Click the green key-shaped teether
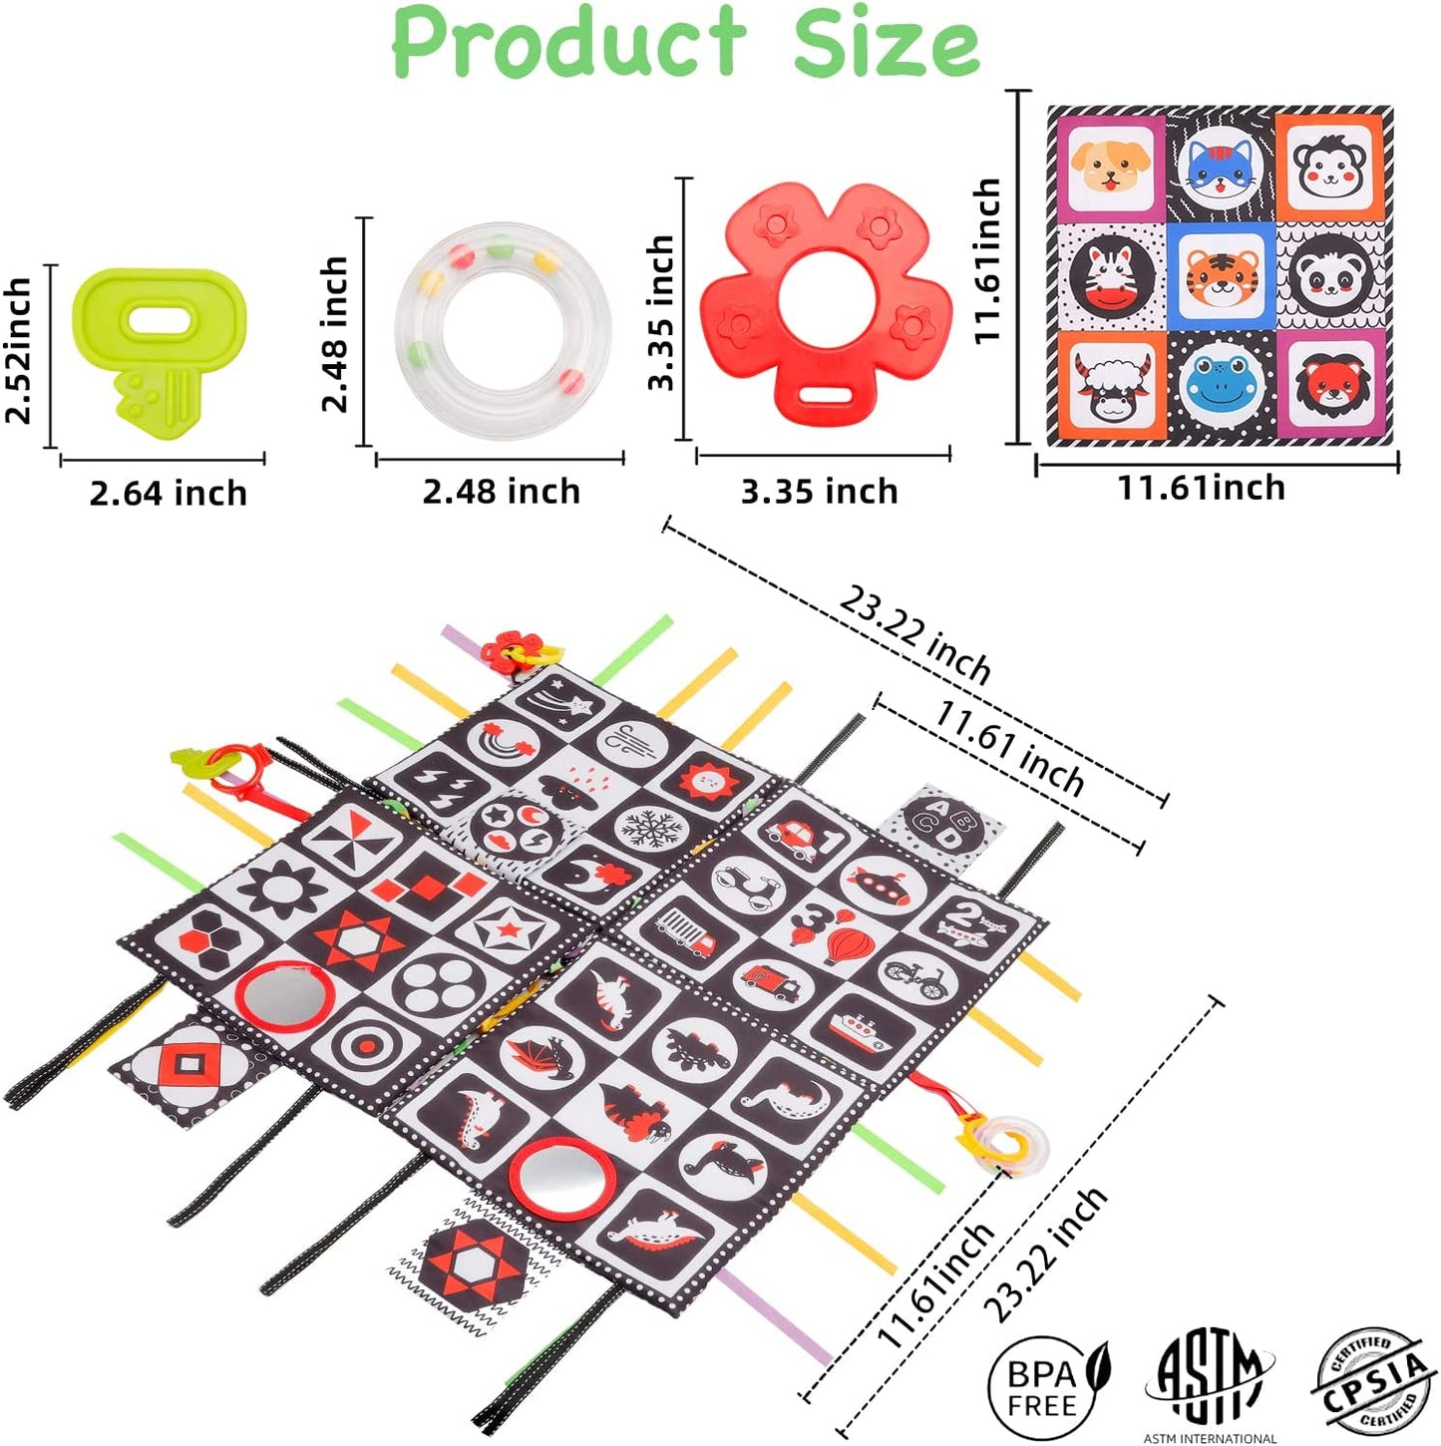click(160, 354)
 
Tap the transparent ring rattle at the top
click(502, 331)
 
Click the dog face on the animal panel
click(1110, 168)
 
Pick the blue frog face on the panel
click(1221, 386)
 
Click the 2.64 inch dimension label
click(169, 494)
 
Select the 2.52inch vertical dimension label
click(20, 351)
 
